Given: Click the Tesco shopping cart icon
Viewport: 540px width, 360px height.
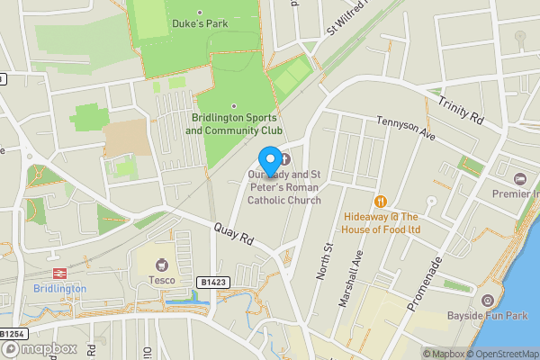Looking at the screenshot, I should [163, 265].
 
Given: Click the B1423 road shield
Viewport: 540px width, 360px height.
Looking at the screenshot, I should [212, 283].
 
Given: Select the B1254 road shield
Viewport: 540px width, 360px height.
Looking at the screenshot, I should [12, 334].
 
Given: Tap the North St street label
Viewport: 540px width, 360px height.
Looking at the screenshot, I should [325, 260].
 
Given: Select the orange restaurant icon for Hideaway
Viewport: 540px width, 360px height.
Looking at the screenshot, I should [381, 202].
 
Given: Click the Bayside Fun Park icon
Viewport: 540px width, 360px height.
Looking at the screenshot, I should [488, 300].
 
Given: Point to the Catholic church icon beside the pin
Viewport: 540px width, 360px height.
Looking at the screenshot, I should [287, 159].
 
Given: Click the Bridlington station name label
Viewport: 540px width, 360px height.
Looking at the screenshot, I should [59, 289].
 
